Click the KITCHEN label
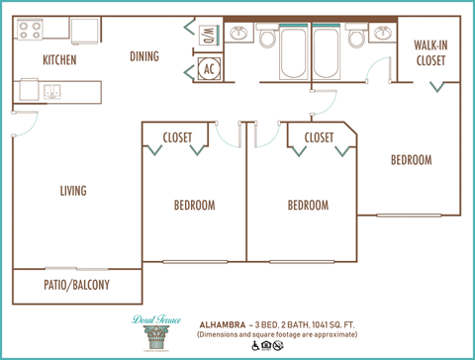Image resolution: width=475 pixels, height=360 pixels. coord(59,60)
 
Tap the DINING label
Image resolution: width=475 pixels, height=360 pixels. coord(144,56)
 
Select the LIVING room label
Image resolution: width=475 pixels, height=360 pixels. coord(72,191)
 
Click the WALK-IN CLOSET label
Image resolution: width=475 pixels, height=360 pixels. coord(430,52)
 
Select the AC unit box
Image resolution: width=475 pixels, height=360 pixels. coord(209,69)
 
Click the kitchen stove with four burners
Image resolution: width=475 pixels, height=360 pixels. coord(30,31)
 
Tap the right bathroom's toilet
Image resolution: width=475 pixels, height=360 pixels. coord(357,39)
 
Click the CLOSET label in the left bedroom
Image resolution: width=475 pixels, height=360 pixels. coord(177,137)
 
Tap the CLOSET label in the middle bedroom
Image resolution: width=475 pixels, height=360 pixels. coord(319,137)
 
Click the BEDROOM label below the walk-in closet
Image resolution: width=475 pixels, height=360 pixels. coord(410,160)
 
